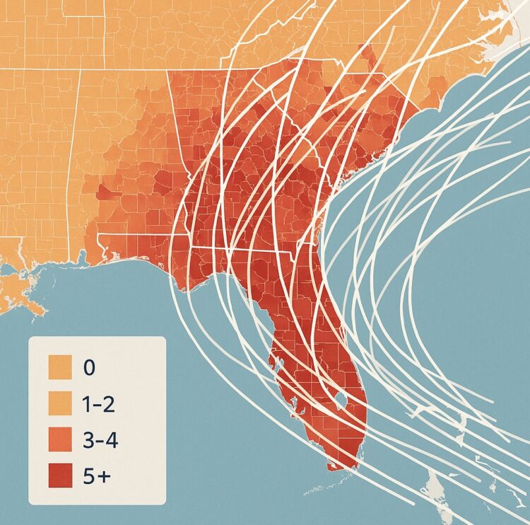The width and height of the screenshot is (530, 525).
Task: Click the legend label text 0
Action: (x=88, y=368)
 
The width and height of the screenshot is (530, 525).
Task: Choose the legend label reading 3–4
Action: (x=99, y=440)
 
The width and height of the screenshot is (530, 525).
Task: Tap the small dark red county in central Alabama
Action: (x=106, y=191)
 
